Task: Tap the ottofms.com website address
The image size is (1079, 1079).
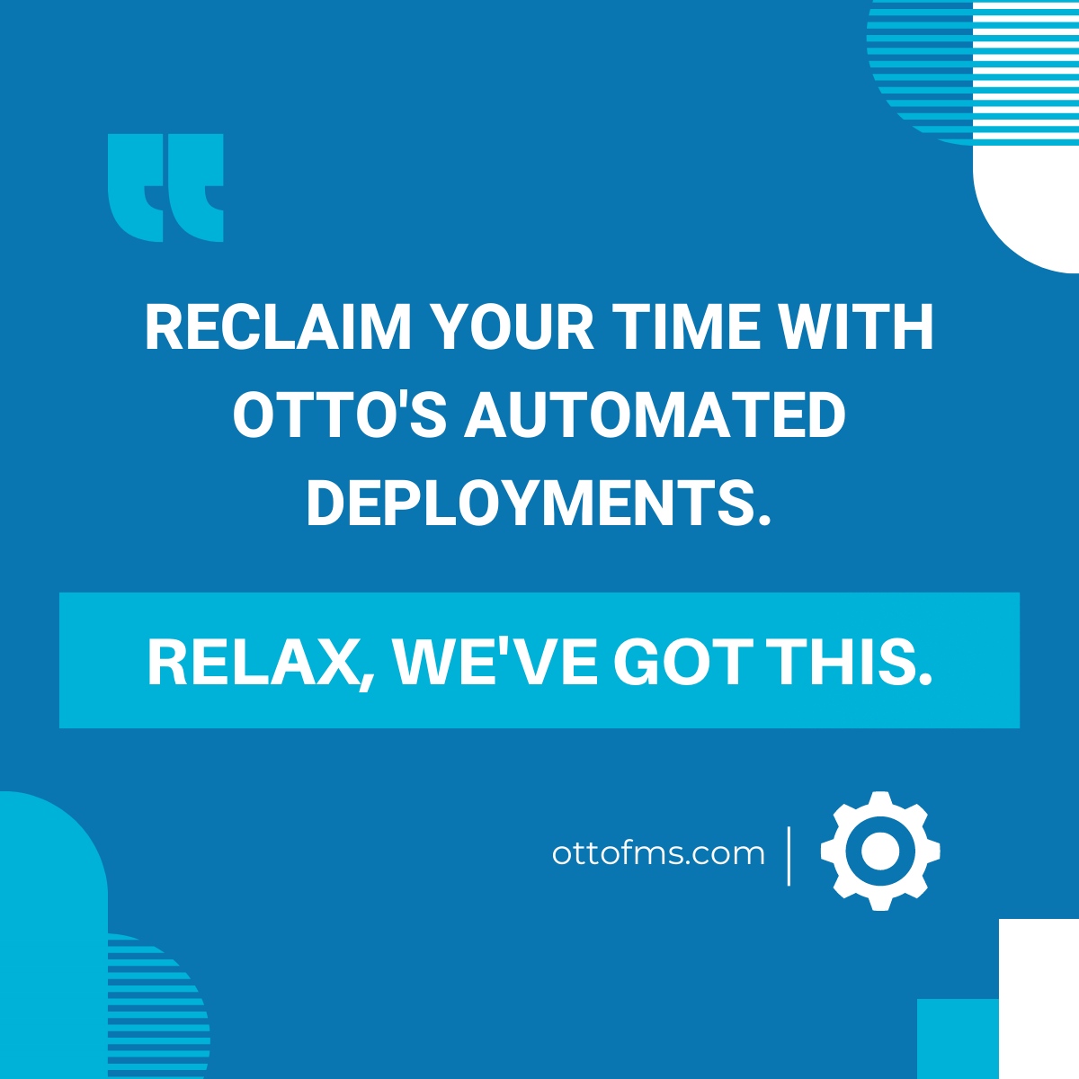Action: click(x=658, y=852)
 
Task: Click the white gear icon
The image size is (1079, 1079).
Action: click(x=880, y=851)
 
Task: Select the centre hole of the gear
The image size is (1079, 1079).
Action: click(x=880, y=851)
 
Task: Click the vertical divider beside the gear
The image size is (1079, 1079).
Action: click(x=789, y=855)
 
